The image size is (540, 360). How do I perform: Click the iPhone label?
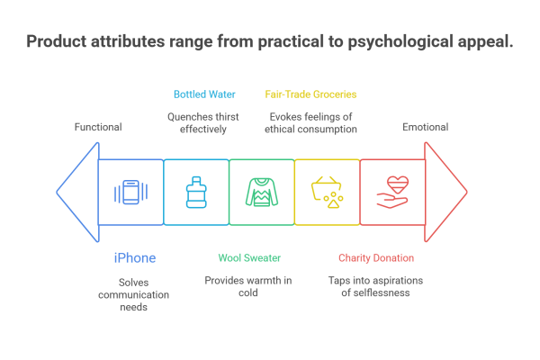click(x=134, y=258)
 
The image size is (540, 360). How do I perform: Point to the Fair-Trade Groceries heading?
click(x=310, y=94)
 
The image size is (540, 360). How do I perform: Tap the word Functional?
click(x=98, y=128)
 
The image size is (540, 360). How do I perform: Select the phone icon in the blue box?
click(x=130, y=192)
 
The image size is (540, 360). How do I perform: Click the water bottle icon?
click(x=195, y=192)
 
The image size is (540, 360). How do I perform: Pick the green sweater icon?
click(x=261, y=192)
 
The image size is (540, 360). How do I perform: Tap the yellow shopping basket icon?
click(x=327, y=192)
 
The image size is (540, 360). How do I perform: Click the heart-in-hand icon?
click(x=392, y=192)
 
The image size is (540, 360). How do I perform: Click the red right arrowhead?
click(x=446, y=192)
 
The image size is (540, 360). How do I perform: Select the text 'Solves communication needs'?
click(x=126, y=293)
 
